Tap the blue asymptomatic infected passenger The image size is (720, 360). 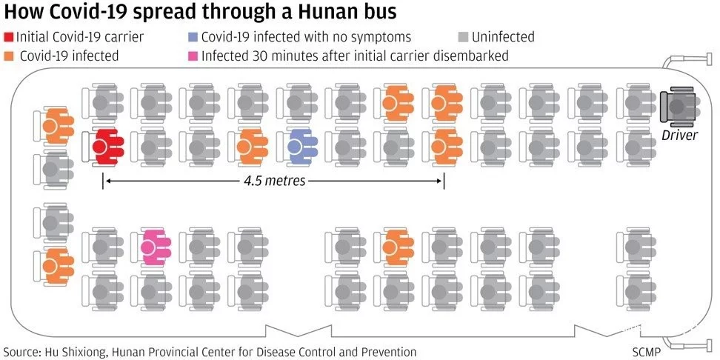(x=300, y=147)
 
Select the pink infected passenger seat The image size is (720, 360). (x=155, y=247)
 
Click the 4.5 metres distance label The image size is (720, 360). (x=274, y=181)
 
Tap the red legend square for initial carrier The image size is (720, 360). (x=9, y=37)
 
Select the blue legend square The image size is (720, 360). (x=193, y=37)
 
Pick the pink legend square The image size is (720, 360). (x=193, y=56)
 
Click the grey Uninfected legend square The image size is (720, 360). (x=463, y=37)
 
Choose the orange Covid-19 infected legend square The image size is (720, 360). (x=9, y=56)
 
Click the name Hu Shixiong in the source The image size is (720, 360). (x=81, y=352)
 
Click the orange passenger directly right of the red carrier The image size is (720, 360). (x=251, y=147)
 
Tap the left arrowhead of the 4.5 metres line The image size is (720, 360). (x=104, y=181)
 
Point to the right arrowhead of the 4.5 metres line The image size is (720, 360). (x=442, y=181)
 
